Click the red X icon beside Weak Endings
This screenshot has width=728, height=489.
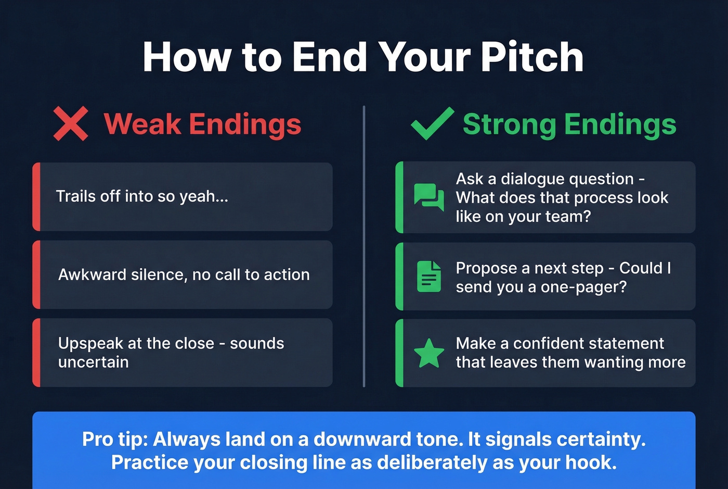[71, 124]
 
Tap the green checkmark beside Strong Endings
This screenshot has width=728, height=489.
[432, 123]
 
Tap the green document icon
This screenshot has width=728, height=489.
[429, 276]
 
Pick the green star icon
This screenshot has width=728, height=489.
[429, 353]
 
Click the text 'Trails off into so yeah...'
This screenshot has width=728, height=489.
[142, 196]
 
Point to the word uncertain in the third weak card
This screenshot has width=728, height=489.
[93, 362]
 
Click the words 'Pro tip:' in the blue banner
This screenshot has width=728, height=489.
[115, 439]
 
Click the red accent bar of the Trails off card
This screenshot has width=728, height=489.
[36, 197]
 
